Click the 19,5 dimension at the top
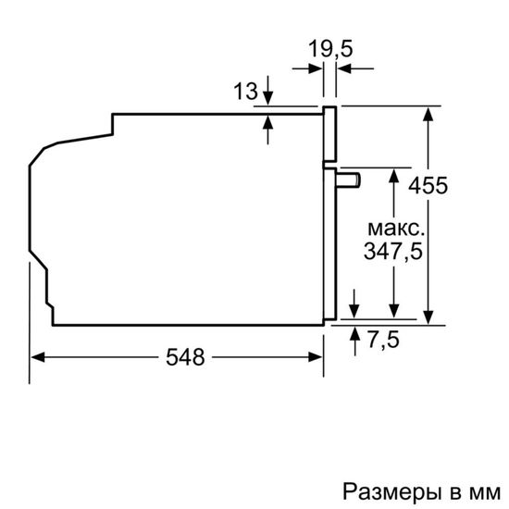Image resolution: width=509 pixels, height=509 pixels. click(x=329, y=47)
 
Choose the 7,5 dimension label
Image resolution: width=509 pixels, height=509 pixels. click(x=382, y=340)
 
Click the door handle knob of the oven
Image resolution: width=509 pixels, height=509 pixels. click(x=349, y=179)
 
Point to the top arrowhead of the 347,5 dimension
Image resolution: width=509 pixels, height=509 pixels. click(x=395, y=174)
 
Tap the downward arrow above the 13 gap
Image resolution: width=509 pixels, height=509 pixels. click(x=267, y=100)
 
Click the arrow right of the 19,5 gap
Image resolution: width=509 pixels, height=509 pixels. click(x=343, y=68)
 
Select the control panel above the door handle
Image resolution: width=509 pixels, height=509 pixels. click(x=328, y=134)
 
